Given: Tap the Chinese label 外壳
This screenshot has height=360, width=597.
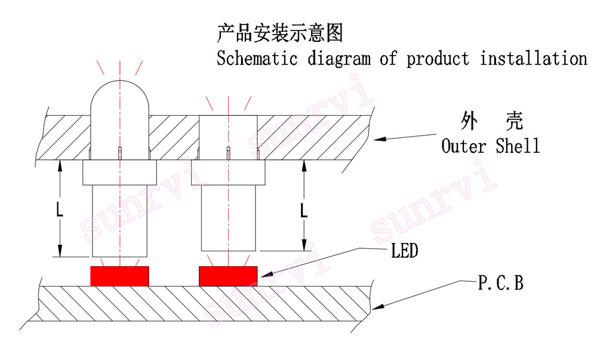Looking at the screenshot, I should point(492,121).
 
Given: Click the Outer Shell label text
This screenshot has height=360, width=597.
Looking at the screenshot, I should point(491,146).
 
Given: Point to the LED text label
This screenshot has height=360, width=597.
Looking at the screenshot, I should point(404,251).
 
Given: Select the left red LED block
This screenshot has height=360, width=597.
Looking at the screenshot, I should point(119,276).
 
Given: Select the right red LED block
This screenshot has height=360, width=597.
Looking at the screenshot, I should point(229,276).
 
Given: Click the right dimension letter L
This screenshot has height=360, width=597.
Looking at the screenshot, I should point(304,210).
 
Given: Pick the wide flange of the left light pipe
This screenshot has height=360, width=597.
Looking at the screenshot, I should point(119,173).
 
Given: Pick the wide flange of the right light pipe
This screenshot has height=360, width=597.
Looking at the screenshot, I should point(228,173).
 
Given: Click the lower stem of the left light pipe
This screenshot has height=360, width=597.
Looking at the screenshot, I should point(119,221).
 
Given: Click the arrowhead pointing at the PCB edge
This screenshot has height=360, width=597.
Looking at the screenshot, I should point(377,307).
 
